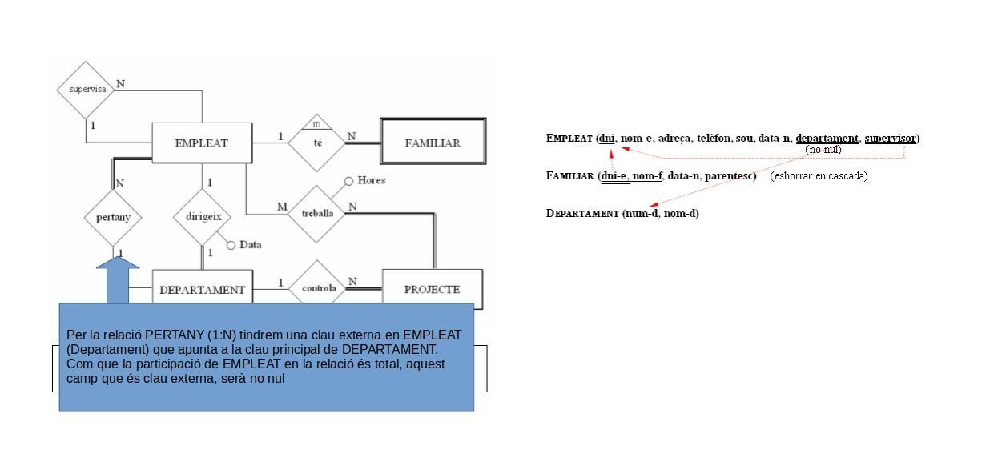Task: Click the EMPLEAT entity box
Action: [x=202, y=143]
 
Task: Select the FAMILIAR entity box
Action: [x=433, y=143]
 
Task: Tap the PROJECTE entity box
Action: [x=433, y=289]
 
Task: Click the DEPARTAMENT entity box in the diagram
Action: [x=202, y=290]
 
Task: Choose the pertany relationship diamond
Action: [x=113, y=217]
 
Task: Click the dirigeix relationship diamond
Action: [x=203, y=216]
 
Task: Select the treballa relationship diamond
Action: [x=317, y=214]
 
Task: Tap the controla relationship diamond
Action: [x=318, y=287]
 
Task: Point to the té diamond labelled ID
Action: [x=317, y=143]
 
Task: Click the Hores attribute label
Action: [x=371, y=181]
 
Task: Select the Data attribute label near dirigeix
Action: [x=250, y=245]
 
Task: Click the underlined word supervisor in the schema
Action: [x=891, y=139]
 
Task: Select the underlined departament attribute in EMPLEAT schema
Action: [x=827, y=139]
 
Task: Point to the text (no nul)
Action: [x=823, y=150]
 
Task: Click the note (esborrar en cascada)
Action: [x=819, y=176]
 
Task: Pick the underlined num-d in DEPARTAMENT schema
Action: [x=641, y=214]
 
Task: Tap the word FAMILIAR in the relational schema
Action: [x=570, y=176]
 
